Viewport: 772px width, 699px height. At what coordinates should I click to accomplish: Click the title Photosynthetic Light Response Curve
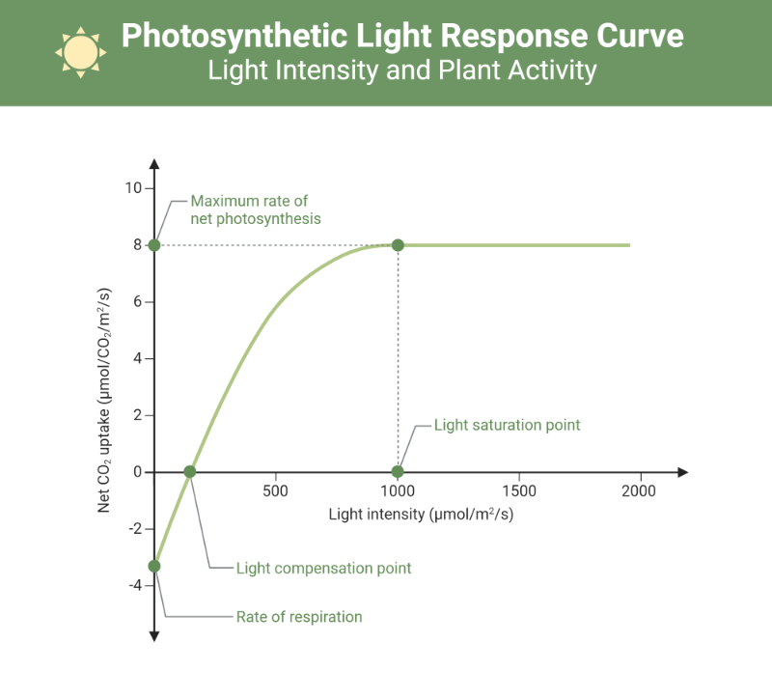pos(402,37)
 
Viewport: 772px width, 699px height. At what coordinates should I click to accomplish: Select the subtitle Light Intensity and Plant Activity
pos(402,71)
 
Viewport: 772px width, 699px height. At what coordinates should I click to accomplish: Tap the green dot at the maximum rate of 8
pos(154,245)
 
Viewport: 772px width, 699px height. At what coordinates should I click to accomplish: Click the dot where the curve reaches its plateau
pos(398,245)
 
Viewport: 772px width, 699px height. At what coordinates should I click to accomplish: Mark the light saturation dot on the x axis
pos(398,472)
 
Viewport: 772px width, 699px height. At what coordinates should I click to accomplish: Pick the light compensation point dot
pos(190,472)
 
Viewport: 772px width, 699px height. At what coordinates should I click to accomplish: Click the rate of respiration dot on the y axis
pos(154,566)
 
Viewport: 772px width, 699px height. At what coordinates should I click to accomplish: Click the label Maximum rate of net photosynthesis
pos(255,210)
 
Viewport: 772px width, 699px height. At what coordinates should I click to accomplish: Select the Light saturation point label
pos(507,425)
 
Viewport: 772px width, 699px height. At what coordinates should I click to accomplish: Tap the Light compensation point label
pos(323,568)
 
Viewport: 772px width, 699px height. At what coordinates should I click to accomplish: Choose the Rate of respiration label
pos(299,616)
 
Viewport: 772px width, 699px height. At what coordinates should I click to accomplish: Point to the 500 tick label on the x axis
pos(276,490)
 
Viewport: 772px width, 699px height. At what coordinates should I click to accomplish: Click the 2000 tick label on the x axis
pos(638,490)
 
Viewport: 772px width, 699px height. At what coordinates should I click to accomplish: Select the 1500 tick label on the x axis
pos(519,490)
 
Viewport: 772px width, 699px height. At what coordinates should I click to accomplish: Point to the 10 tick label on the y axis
pos(133,188)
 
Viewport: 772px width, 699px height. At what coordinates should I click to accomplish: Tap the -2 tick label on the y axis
pos(135,528)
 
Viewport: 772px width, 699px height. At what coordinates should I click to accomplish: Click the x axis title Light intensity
pos(421,514)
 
